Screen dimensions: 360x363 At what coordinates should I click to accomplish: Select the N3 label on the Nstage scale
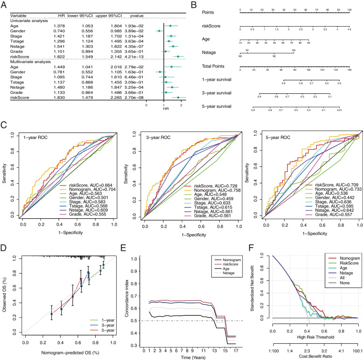pyautogui.click(x=294, y=50)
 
